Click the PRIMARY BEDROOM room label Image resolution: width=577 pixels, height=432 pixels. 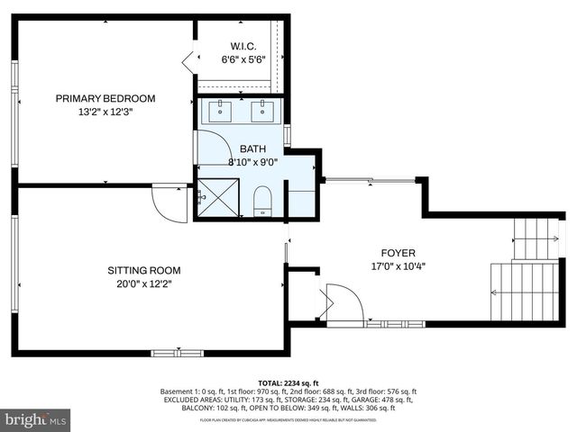[105, 98]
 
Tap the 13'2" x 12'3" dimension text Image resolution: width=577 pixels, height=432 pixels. [105, 112]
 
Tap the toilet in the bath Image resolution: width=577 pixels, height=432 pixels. [262, 200]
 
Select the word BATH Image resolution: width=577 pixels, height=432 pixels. [252, 148]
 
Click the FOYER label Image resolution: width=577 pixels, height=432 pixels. [398, 253]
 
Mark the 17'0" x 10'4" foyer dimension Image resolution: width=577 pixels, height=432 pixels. [398, 266]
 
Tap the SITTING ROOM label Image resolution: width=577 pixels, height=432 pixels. [144, 270]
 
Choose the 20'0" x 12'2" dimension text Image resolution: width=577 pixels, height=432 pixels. [144, 284]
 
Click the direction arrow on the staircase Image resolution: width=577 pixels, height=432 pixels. [494, 292]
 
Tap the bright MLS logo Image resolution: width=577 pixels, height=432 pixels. [36, 419]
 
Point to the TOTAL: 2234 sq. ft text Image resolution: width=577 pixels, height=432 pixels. [288, 382]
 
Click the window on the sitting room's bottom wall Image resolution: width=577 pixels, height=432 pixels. [177, 352]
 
